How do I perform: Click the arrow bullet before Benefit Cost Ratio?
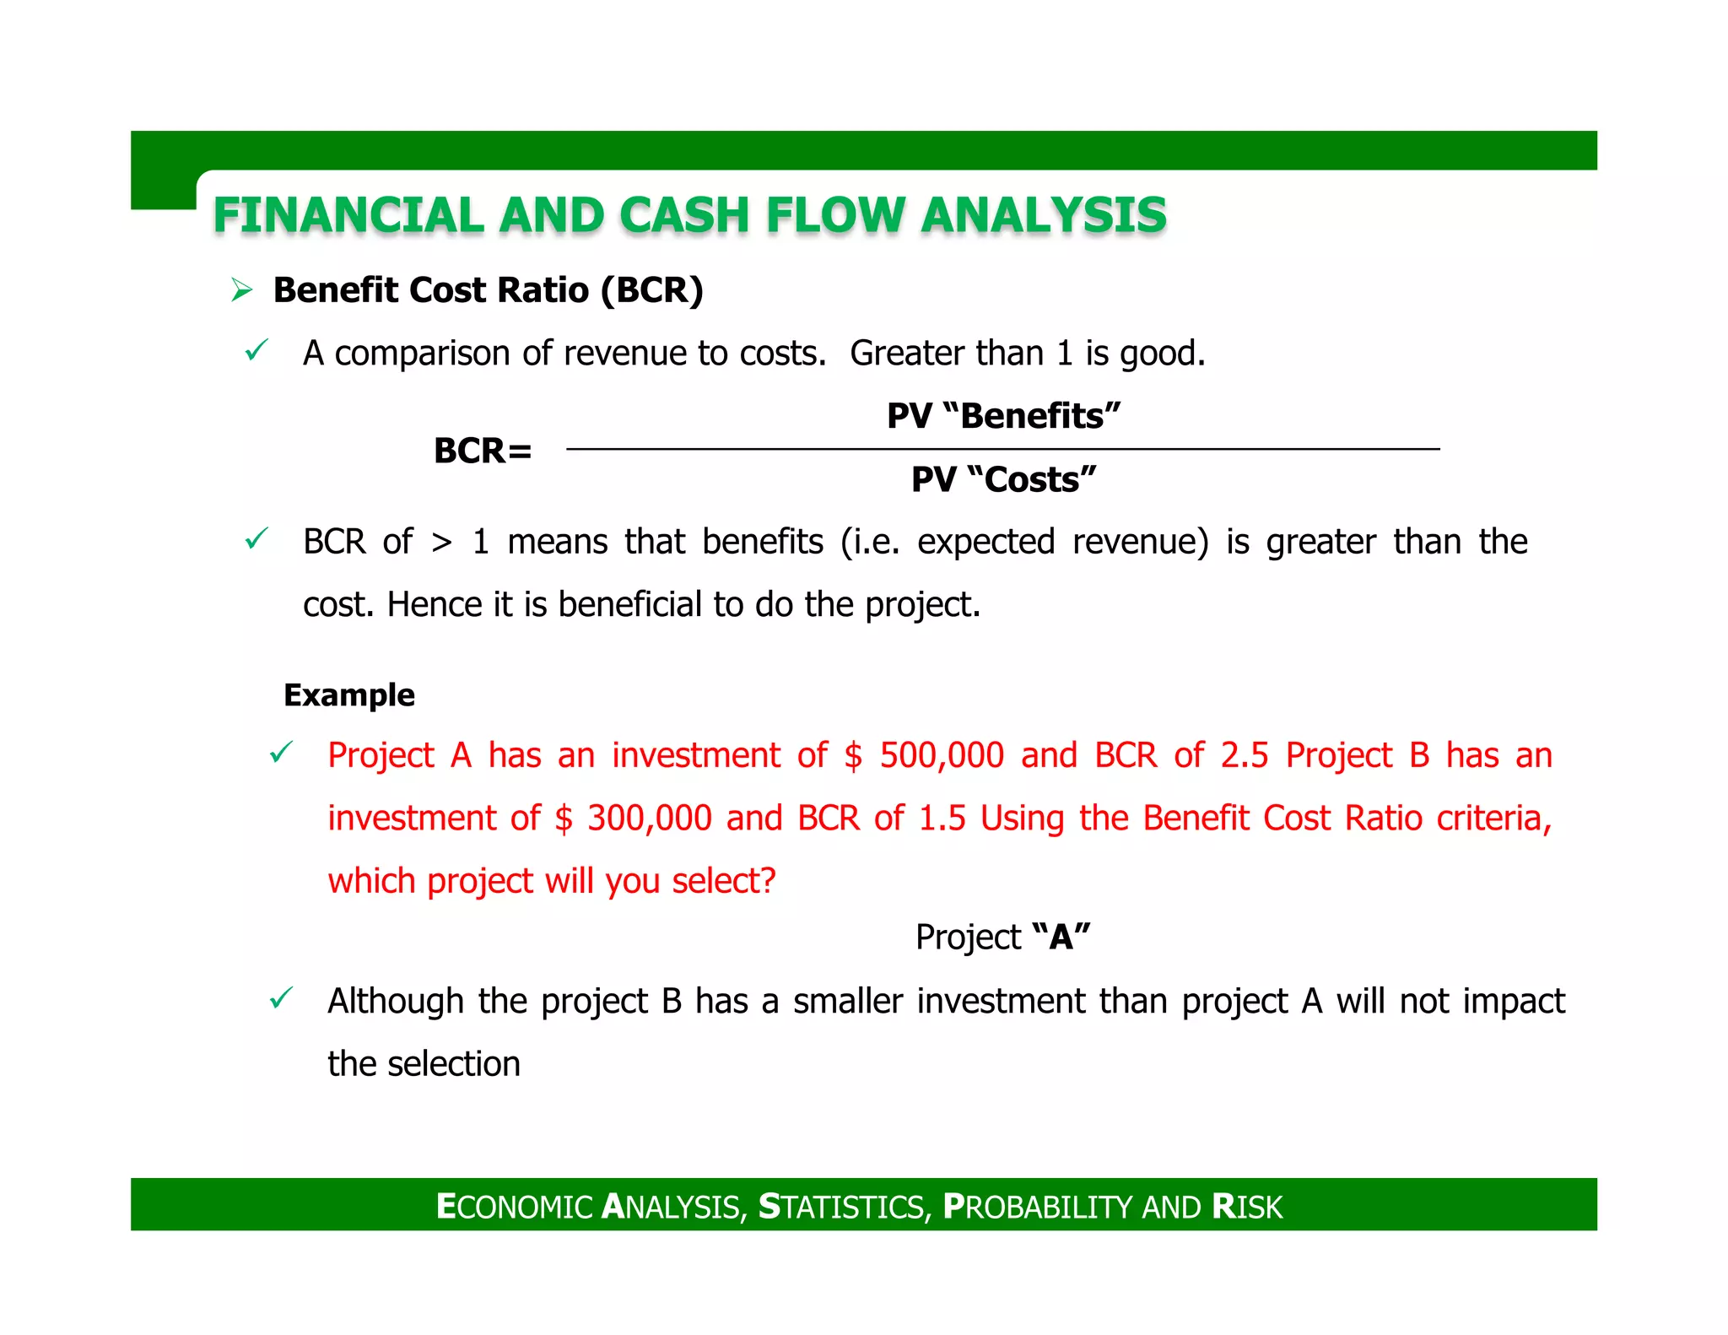pyautogui.click(x=242, y=291)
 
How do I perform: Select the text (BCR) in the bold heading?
pyautogui.click(x=651, y=290)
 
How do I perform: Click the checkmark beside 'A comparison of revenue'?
pyautogui.click(x=256, y=350)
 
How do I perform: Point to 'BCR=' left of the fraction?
pyautogui.click(x=483, y=451)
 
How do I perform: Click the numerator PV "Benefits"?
pyautogui.click(x=1003, y=416)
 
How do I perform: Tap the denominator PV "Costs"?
pyautogui.click(x=1003, y=479)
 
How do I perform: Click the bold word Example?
pyautogui.click(x=349, y=695)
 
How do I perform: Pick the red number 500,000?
pyautogui.click(x=942, y=755)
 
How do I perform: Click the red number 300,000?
pyautogui.click(x=650, y=819)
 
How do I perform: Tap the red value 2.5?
pyautogui.click(x=1244, y=755)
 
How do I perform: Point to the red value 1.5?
pyautogui.click(x=942, y=819)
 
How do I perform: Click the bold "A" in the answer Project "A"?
pyautogui.click(x=1061, y=937)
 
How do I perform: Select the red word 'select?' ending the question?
pyautogui.click(x=723, y=881)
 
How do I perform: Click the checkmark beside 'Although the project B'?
pyautogui.click(x=280, y=999)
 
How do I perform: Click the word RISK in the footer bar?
pyautogui.click(x=1246, y=1207)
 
